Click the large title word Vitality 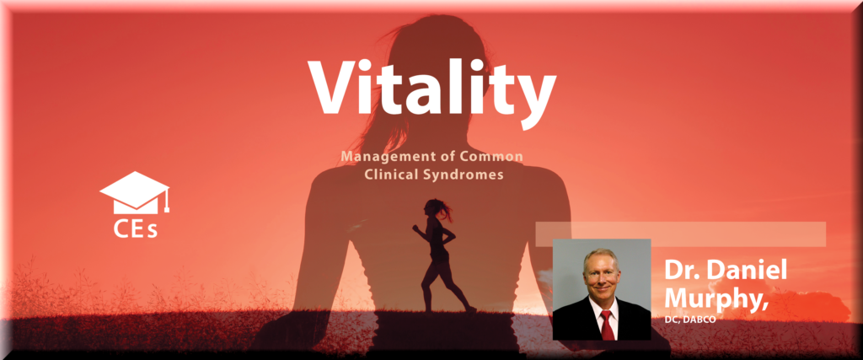click(431, 90)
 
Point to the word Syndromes click(469, 175)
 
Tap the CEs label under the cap click(136, 228)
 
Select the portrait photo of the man click(602, 289)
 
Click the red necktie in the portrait click(607, 325)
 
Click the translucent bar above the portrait click(681, 234)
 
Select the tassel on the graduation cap click(167, 201)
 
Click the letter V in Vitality click(337, 87)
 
